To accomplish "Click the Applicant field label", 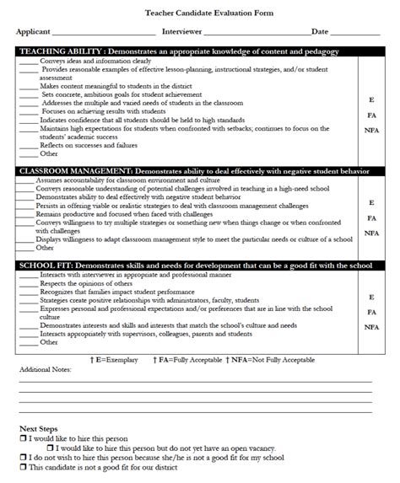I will point(33,31).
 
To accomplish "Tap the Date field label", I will point(320,31).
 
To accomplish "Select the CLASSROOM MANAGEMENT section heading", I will point(74,171).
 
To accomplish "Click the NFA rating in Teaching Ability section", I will point(371,130).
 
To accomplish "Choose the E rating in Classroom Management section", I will point(371,203).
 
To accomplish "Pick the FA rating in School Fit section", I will point(371,312).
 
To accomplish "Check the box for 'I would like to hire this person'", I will point(23,439).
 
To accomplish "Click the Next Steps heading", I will point(39,429).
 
